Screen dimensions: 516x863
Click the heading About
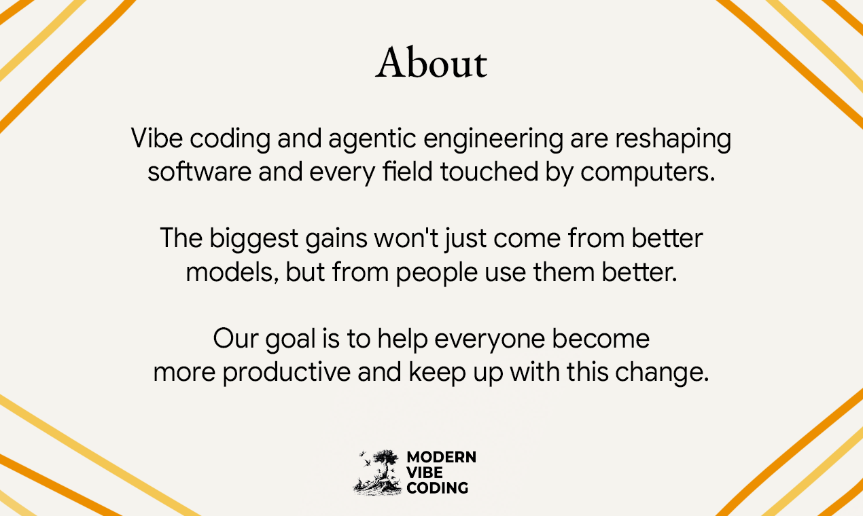(431, 63)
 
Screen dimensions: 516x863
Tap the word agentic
(372, 140)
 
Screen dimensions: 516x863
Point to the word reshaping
(673, 140)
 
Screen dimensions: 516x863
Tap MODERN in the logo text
(441, 458)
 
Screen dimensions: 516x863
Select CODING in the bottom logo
(438, 487)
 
